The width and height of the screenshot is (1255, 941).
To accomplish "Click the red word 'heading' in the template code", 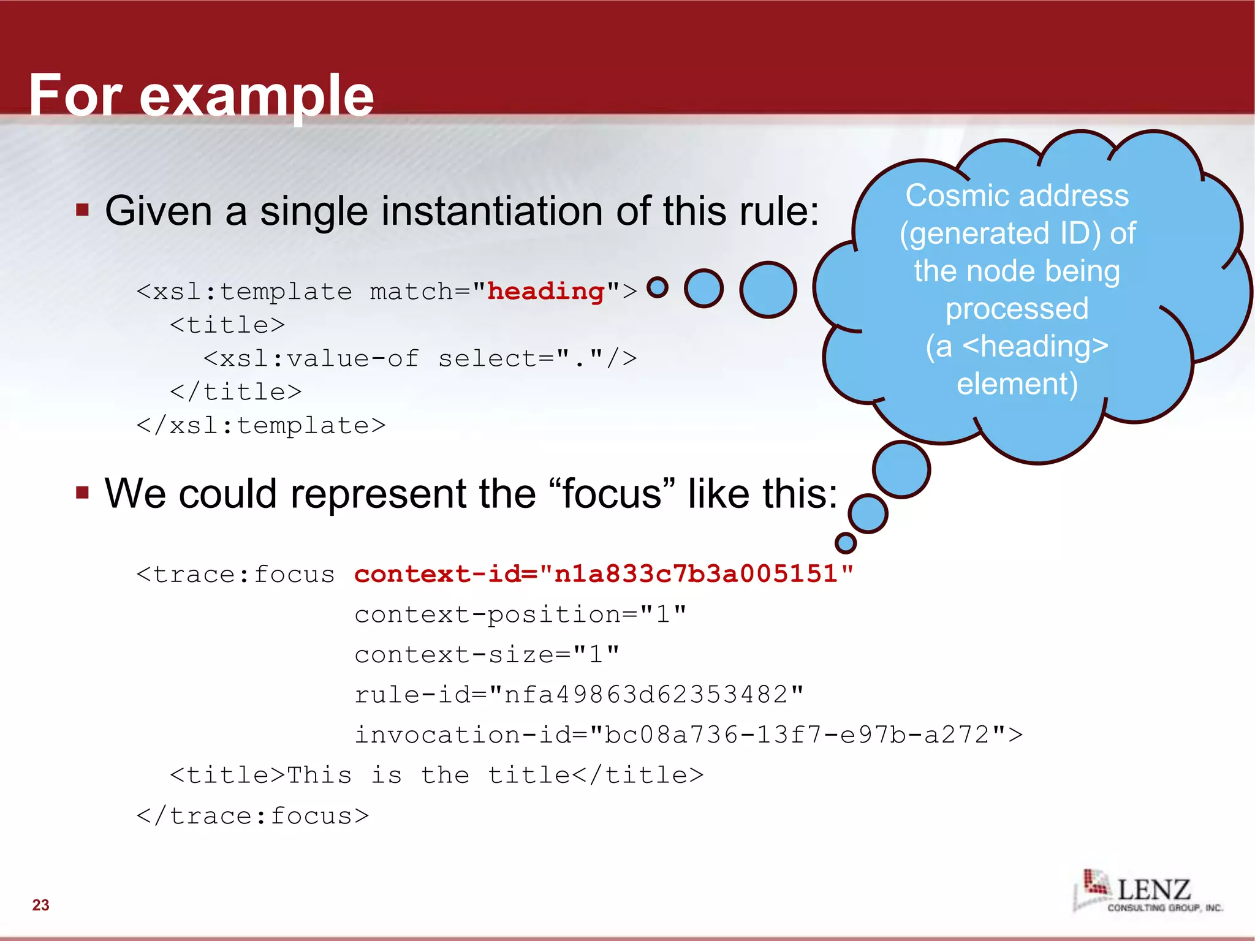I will pos(545,291).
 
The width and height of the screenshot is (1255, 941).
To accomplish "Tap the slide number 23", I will pos(40,905).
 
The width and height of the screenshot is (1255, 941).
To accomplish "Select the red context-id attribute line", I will pos(604,574).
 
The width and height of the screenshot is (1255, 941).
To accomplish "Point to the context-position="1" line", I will pos(520,614).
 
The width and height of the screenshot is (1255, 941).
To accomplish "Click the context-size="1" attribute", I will pos(487,654).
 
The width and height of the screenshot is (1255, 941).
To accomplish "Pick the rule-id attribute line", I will pos(578,695).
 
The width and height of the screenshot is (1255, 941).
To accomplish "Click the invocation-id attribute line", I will pos(688,735).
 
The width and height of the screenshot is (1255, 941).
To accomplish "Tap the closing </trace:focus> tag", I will pos(252,815).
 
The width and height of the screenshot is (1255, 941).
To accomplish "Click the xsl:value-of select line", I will pos(420,358).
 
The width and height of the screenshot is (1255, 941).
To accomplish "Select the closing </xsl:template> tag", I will pos(261,425).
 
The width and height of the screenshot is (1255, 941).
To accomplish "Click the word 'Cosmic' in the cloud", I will pos(958,196).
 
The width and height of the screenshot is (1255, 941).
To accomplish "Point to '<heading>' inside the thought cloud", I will pos(1035,346).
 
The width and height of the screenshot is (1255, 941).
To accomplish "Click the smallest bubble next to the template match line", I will pos(657,287).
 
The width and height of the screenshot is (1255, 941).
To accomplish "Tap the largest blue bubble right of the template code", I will pos(767,289).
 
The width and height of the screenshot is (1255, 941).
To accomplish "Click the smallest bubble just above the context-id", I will pos(845,542).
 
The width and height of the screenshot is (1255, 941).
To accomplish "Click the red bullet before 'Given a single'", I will pos(83,211).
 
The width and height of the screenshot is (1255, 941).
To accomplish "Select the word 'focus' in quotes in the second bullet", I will pos(612,494).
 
